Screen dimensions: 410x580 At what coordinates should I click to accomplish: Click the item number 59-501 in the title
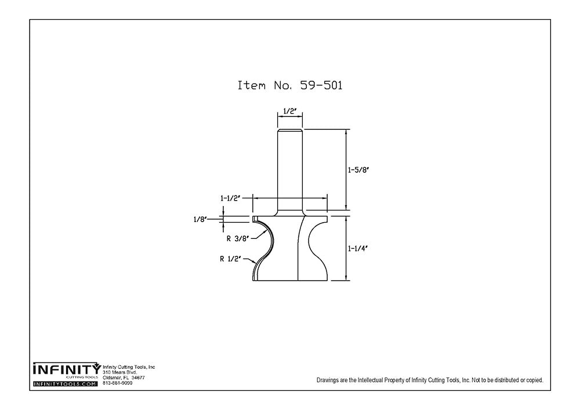(x=321, y=85)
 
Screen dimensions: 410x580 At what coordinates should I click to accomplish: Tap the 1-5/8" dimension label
(x=358, y=170)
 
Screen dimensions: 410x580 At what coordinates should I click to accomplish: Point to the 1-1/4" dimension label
(x=358, y=248)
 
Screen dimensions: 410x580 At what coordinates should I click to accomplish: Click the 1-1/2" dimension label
(x=230, y=198)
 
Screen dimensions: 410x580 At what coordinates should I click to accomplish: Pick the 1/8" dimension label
(x=200, y=219)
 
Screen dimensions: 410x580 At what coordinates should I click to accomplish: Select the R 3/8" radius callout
(x=237, y=237)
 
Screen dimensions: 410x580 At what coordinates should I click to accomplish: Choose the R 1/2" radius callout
(x=230, y=260)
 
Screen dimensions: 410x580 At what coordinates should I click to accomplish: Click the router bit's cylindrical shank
(x=289, y=168)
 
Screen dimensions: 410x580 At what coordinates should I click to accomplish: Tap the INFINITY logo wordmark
(x=66, y=369)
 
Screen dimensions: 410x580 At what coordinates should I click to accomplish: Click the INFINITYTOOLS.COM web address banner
(x=66, y=384)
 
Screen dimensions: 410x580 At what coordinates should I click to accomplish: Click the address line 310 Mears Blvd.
(x=120, y=372)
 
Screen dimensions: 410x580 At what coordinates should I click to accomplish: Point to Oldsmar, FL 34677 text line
(x=124, y=378)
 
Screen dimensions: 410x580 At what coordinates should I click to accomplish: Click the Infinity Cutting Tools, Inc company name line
(x=129, y=367)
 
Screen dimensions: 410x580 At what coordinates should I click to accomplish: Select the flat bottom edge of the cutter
(x=290, y=281)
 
